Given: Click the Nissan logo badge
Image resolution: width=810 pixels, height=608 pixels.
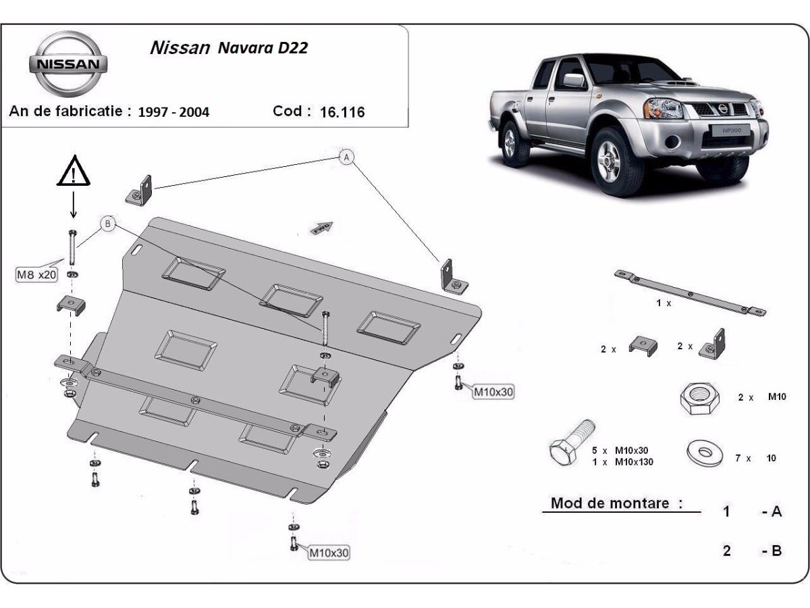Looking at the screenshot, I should coord(67,64).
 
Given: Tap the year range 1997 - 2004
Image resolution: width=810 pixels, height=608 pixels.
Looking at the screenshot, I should coord(173,112).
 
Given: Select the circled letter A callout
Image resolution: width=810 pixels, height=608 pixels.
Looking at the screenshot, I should coord(346,157).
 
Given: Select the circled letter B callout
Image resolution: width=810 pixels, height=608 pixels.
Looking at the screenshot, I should coord(108,223).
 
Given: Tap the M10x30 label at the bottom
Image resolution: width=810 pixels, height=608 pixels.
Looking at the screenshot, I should coord(329,553).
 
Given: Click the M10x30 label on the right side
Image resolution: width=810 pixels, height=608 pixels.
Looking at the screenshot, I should coord(493,392).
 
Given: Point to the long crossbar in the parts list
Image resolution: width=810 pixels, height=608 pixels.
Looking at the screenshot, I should coord(690,293).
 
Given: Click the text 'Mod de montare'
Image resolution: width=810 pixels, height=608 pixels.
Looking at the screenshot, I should coord(616,503).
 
